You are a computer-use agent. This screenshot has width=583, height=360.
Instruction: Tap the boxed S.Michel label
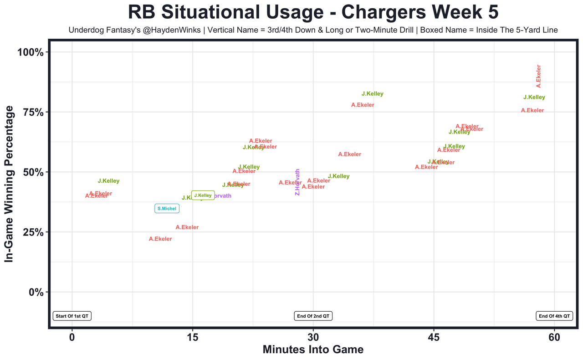[x=167, y=209]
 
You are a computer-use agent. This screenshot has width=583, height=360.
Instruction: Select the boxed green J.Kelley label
[x=203, y=195]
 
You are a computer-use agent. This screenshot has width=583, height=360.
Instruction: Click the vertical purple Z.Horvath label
[x=297, y=182]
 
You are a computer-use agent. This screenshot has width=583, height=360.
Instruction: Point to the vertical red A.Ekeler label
[x=538, y=76]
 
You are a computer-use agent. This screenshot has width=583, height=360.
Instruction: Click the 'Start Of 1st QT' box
[x=72, y=316]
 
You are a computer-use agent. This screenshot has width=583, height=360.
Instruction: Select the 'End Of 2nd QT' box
[x=313, y=316]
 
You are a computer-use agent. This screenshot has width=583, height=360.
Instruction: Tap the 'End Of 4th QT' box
[x=554, y=316]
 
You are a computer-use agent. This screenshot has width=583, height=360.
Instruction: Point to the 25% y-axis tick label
[x=33, y=232]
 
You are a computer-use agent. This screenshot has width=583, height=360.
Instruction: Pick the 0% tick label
[x=36, y=292]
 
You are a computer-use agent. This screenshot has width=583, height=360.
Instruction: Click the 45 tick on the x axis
[x=434, y=338]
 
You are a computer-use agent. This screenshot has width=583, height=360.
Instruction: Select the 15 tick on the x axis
[x=192, y=338]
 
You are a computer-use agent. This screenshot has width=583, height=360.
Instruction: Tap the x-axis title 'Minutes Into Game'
[x=313, y=350]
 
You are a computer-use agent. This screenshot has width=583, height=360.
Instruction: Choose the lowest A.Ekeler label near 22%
[x=160, y=239]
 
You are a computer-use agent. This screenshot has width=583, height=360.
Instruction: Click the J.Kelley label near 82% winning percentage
[x=373, y=94]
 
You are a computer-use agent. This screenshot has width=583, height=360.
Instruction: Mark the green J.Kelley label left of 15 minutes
[x=108, y=181]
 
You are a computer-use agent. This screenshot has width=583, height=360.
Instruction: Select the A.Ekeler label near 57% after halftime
[x=350, y=154]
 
